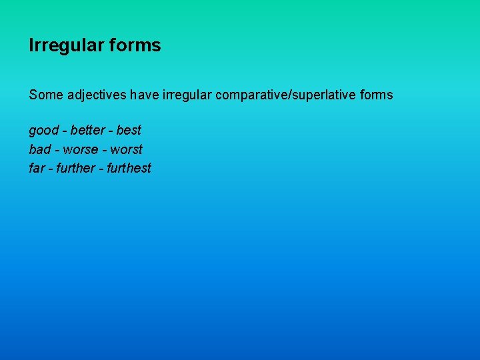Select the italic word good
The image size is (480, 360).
pos(44,131)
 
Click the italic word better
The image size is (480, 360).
pos(87,131)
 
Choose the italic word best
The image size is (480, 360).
pos(129,131)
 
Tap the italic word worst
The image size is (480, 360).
pos(127,149)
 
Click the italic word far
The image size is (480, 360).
pos(37,168)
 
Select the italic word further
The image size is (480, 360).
pos(75,168)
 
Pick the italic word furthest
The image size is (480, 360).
pos(129,168)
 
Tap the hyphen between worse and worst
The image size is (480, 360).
pos(105,150)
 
